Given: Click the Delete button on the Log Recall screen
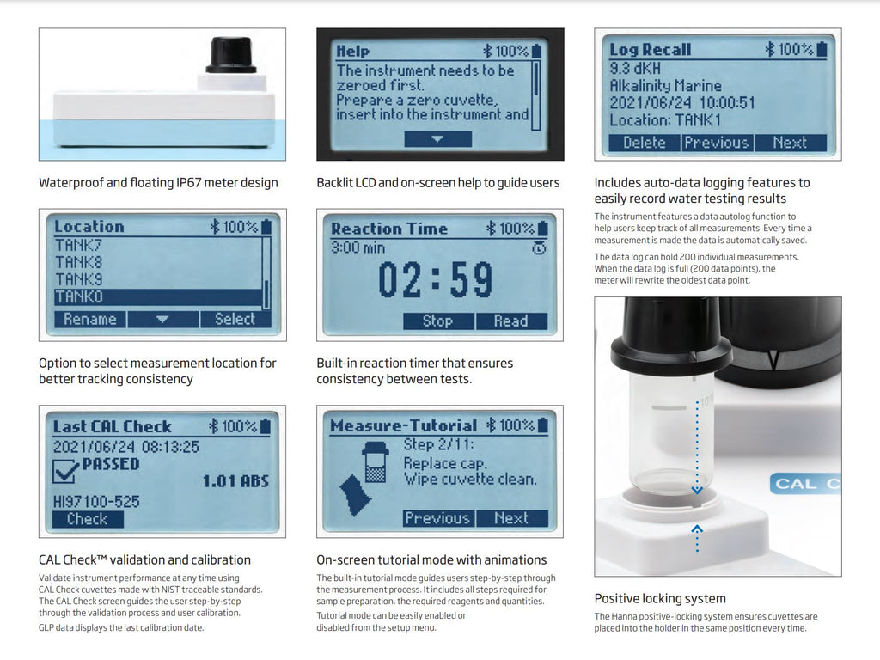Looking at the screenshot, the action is (645, 143).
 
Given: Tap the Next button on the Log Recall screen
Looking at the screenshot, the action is (791, 143).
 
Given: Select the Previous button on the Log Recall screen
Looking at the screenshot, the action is (718, 143).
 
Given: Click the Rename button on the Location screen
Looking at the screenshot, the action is (89, 320).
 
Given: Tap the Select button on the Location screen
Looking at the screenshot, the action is (235, 320).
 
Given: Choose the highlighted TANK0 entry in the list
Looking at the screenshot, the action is (158, 296).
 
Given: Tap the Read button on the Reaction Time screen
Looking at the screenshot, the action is (511, 321).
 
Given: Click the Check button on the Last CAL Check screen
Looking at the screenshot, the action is (88, 519).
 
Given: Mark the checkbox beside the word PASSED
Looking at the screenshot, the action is (65, 470).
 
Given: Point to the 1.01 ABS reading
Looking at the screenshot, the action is (235, 481).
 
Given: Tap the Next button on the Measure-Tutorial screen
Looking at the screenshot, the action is (512, 518).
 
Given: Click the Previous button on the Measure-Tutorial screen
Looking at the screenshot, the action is (438, 518).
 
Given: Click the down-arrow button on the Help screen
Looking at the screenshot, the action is (437, 139).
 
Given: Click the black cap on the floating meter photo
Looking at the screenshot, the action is (231, 55).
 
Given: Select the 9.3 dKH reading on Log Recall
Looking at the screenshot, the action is (635, 69).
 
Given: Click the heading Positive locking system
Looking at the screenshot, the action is (660, 598).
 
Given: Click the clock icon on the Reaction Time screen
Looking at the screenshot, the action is (539, 248).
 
